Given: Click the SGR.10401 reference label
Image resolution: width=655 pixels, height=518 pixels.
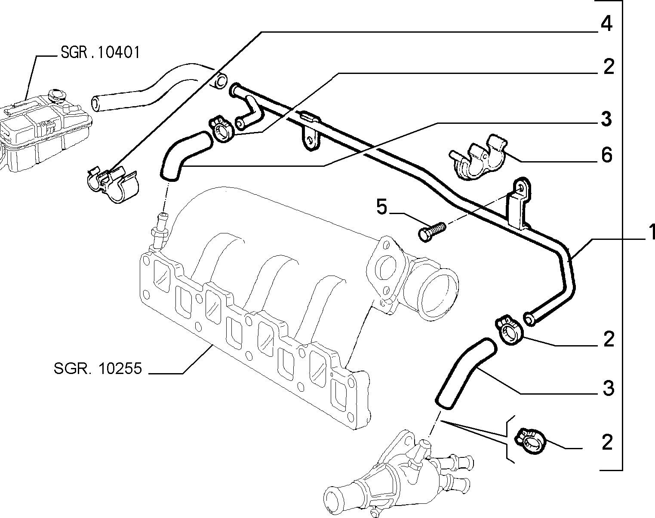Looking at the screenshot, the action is click(100, 52).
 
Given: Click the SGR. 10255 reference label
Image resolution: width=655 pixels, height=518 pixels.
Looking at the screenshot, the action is click(98, 369).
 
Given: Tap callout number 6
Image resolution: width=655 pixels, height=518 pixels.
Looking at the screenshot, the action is click(606, 155).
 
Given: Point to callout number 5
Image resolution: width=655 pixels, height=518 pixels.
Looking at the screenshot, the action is click(381, 207).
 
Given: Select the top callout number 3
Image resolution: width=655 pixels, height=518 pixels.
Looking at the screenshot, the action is click(606, 119).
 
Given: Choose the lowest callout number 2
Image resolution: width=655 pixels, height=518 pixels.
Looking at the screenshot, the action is click(607, 442).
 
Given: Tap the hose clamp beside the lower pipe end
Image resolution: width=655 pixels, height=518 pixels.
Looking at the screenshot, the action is click(510, 330).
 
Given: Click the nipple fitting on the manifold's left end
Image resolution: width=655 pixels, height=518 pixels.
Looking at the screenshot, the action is click(160, 231).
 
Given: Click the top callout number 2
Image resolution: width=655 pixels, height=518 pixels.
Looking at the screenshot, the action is click(608, 67).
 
